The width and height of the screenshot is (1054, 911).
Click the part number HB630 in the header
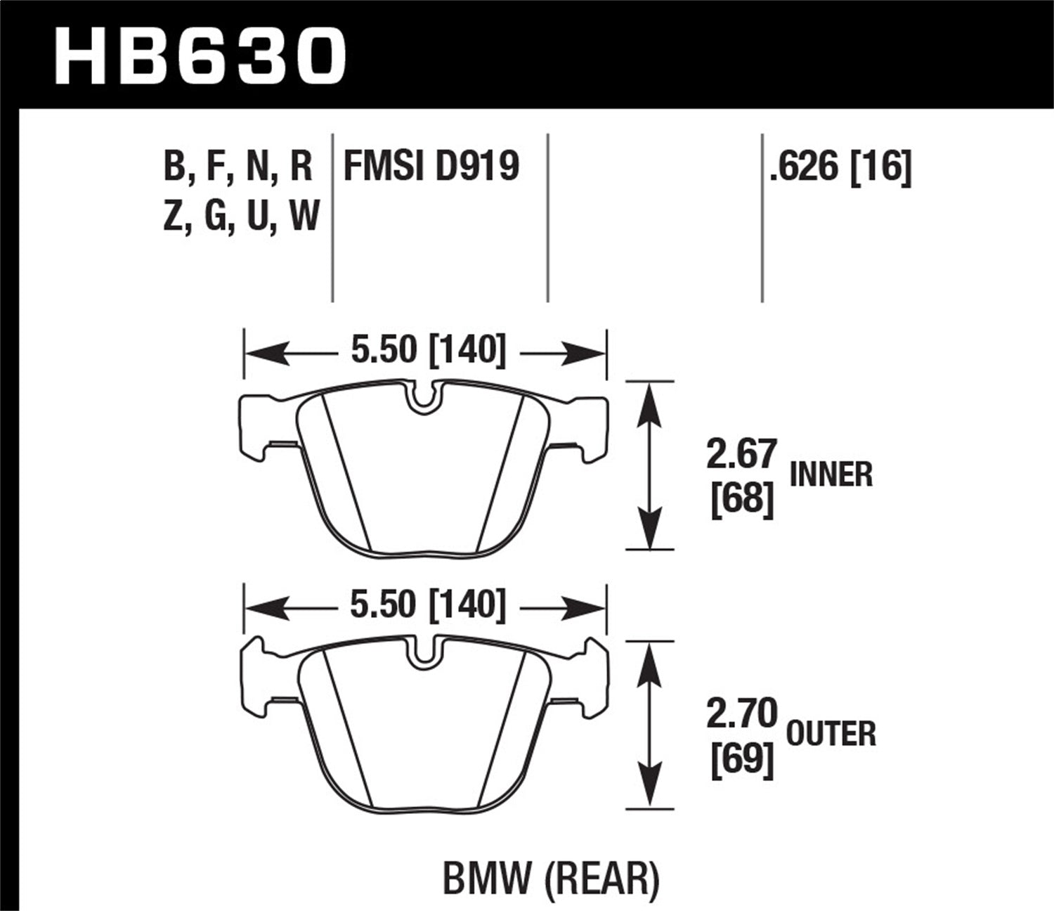point(200,56)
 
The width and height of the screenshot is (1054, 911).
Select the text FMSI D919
point(431,167)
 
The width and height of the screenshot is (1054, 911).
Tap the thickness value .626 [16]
point(840,169)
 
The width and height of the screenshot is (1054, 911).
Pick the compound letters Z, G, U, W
point(241,216)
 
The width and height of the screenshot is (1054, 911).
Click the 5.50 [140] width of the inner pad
point(427,349)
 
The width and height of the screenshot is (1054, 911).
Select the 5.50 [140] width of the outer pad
point(427,605)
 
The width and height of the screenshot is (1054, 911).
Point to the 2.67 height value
point(741,455)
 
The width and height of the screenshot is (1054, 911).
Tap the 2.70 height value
point(741,713)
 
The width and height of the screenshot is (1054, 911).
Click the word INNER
point(831,475)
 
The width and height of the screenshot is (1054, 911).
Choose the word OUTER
point(831,735)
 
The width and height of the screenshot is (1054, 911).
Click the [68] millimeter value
point(741,499)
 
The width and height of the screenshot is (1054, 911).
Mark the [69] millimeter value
point(741,759)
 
